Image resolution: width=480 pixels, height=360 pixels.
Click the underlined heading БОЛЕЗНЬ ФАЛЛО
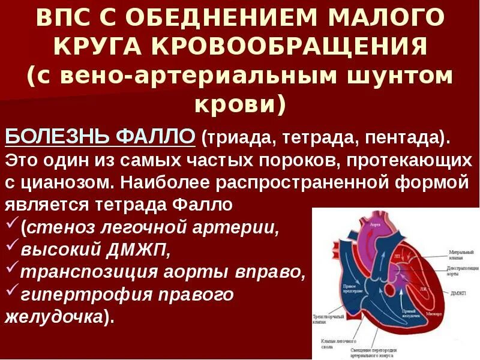coord(101,137)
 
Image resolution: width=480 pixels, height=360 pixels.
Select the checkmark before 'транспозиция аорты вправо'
coord(11,269)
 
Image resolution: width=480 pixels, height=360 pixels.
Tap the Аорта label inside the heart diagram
coord(376,224)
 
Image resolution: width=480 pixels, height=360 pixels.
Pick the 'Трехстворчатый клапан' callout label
coord(328,319)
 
